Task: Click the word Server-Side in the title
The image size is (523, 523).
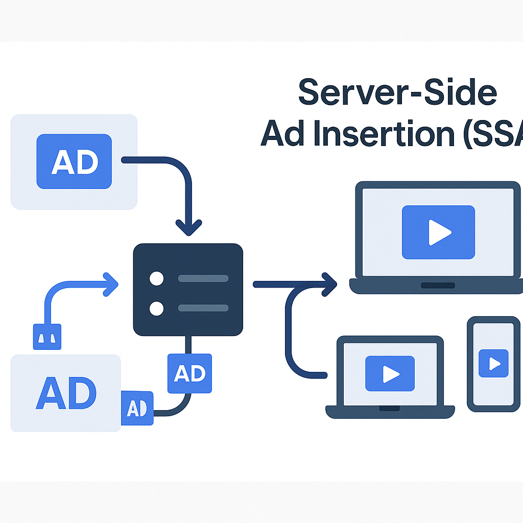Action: point(397,92)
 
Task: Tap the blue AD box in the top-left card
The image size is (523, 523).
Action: point(74,161)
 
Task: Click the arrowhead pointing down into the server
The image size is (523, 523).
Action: point(189,227)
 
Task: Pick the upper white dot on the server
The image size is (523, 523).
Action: point(156,278)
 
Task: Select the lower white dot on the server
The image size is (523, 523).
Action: point(156,308)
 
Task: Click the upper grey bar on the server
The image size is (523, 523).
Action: point(203,278)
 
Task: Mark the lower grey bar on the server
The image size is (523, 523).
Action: point(203,308)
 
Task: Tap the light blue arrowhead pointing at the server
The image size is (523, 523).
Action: point(110,284)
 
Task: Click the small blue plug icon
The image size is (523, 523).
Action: point(47,337)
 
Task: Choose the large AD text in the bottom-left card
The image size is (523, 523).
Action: point(66,393)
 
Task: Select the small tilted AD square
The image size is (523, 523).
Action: point(137,408)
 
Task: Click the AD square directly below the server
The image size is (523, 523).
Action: point(189,374)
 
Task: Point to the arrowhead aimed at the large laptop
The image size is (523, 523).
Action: point(329,284)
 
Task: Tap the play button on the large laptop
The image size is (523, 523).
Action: point(439,232)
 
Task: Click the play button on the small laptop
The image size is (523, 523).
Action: point(390,374)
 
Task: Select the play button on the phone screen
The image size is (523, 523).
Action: point(494,363)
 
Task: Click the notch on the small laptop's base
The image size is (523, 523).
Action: point(390,408)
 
